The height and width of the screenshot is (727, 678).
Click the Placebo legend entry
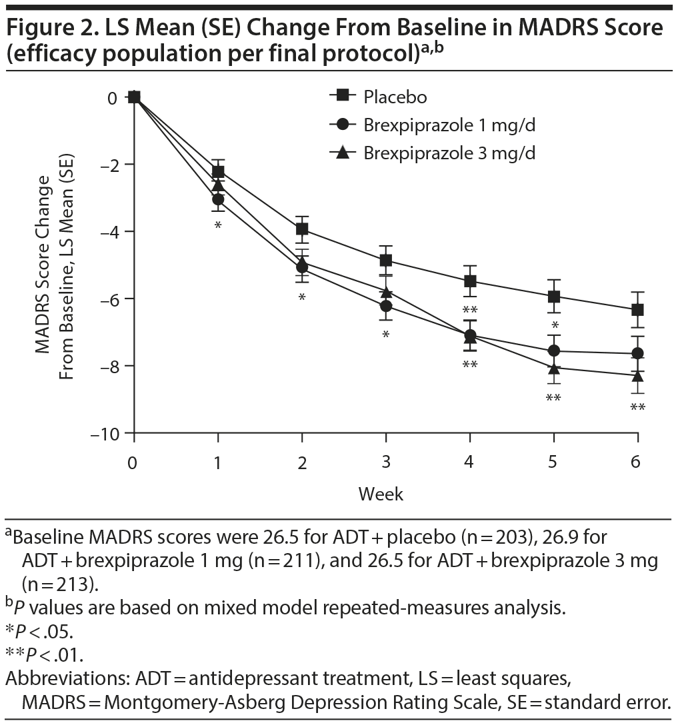point(395,97)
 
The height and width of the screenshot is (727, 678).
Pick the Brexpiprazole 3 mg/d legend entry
point(449,153)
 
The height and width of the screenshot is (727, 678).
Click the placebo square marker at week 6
point(638,310)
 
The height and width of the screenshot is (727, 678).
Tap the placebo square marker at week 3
point(386,260)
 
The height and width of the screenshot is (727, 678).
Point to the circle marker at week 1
point(218,199)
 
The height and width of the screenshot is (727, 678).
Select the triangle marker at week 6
point(638,376)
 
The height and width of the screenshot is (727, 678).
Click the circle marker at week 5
point(554,351)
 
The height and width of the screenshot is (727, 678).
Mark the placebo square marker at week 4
point(470,281)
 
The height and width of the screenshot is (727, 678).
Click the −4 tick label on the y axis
point(111,232)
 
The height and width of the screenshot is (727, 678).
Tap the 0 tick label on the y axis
point(113,97)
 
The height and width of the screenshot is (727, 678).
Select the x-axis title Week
point(381,494)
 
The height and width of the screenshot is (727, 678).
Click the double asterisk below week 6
point(638,408)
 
